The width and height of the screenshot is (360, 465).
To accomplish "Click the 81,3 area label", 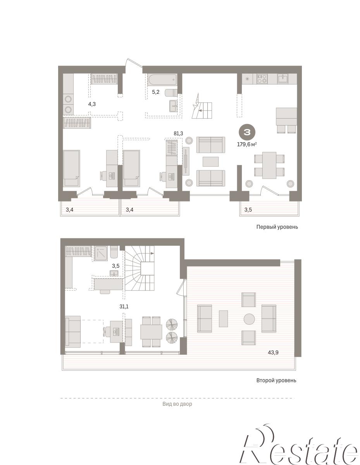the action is click(x=178, y=134).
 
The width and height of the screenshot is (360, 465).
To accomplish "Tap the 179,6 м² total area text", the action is click(x=246, y=144).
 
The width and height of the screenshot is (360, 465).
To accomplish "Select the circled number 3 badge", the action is click(x=247, y=133).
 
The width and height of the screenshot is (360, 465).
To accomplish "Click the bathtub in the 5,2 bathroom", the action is click(x=162, y=79).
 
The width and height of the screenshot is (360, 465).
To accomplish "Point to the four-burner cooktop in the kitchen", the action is click(x=262, y=79).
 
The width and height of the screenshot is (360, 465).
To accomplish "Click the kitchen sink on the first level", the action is click(x=283, y=78).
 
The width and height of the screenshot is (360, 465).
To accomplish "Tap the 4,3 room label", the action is click(x=92, y=104).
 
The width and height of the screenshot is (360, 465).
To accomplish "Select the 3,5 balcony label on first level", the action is click(x=248, y=210).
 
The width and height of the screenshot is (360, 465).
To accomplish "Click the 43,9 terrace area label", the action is click(x=273, y=353).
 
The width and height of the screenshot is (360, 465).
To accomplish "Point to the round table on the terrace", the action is click(x=249, y=319).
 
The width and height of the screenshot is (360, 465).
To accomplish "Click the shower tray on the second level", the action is click(x=100, y=253).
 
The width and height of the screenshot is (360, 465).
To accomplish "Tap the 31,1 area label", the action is click(x=124, y=307).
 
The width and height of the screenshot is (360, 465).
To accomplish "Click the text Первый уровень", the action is click(x=277, y=227).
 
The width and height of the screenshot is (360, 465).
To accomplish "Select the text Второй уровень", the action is click(x=276, y=381).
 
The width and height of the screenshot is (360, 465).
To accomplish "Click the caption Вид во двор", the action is click(x=177, y=404).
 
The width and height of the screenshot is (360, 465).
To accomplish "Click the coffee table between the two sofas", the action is click(x=210, y=162).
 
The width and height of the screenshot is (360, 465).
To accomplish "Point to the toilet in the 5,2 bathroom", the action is click(x=171, y=93).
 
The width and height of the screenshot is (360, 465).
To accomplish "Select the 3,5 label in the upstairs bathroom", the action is click(x=115, y=266).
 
